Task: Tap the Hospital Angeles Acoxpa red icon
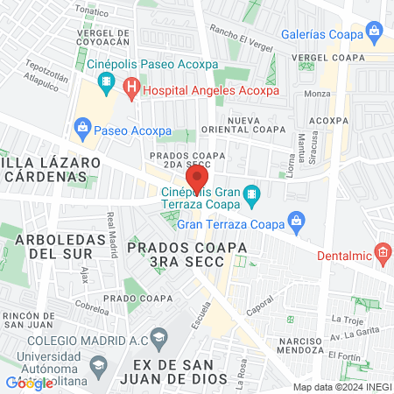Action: click(x=131, y=88)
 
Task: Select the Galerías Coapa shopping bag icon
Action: click(x=375, y=36)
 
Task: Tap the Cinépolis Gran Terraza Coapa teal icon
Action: click(x=251, y=193)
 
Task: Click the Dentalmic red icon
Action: click(x=383, y=254)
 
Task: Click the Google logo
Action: click(x=29, y=383)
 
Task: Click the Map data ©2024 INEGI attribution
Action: click(x=340, y=386)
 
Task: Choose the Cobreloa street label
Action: click(x=91, y=307)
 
